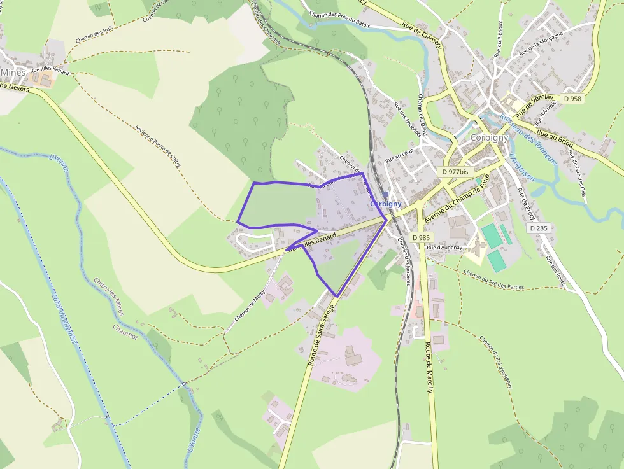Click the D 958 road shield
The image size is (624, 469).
tap(572, 99)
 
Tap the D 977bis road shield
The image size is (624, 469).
tap(455, 171)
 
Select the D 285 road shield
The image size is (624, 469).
tap(538, 227)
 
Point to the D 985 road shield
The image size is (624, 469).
tap(422, 237)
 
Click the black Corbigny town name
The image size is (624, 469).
tap(489, 137)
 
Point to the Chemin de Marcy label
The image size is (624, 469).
tap(250, 307)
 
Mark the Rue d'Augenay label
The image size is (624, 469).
tap(444, 247)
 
